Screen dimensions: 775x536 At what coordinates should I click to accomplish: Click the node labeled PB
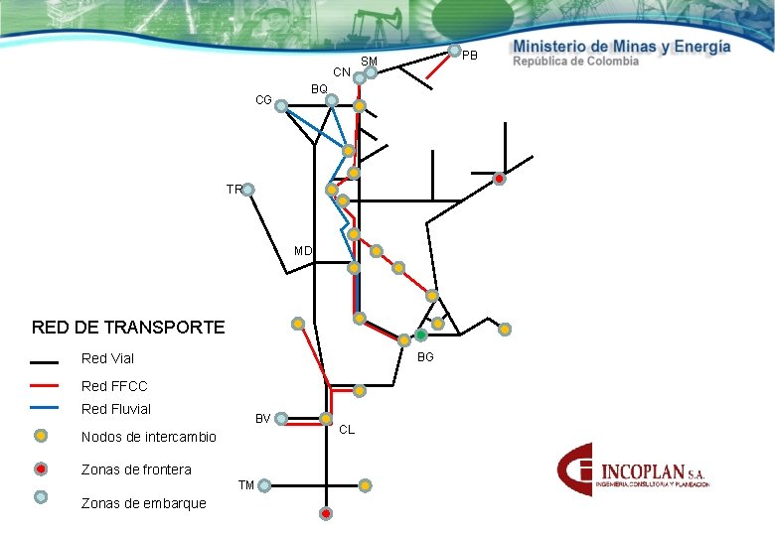453,51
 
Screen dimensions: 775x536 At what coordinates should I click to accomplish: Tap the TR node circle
248,190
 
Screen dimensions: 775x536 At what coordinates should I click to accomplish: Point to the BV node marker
281,419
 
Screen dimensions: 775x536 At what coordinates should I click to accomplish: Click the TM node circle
264,485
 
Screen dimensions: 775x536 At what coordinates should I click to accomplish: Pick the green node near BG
421,335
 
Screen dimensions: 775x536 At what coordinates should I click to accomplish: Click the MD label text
303,251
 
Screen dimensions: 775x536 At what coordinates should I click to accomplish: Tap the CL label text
347,430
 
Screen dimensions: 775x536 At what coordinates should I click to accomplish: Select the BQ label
319,89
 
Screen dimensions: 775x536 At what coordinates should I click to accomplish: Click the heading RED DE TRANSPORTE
128,327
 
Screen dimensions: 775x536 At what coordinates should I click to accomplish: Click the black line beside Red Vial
45,359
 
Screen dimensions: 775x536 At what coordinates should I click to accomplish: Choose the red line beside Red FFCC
45,385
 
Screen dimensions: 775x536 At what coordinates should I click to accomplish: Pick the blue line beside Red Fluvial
45,408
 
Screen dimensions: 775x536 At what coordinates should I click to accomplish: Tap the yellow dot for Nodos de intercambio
41,435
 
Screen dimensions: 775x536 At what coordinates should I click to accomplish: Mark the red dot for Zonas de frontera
41,469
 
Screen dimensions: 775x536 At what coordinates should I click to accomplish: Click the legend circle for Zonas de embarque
41,496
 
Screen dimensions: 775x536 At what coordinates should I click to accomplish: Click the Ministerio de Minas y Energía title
622,46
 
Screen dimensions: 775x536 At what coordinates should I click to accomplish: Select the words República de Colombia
575,62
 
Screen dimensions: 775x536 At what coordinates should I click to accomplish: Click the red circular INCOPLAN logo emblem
579,470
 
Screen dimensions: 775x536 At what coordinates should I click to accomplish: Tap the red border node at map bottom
326,513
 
